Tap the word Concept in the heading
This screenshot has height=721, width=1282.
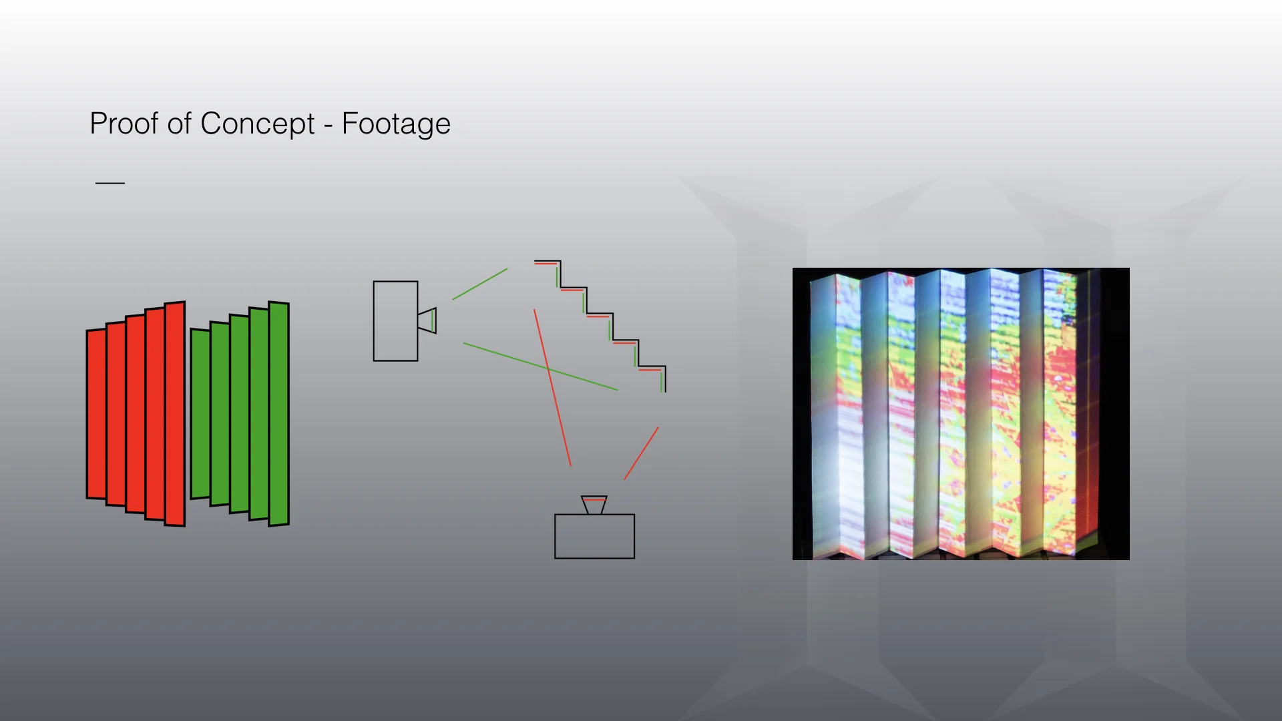[257, 124]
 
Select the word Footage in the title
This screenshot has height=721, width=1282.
[396, 124]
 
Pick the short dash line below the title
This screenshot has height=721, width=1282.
[110, 182]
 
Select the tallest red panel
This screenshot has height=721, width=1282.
[175, 414]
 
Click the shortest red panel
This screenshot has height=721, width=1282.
[96, 414]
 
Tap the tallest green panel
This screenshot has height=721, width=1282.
[279, 414]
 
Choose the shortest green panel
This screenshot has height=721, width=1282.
[200, 414]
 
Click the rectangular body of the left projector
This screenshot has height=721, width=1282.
[395, 321]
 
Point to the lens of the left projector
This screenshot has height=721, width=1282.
[428, 320]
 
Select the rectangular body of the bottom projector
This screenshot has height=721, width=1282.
[594, 536]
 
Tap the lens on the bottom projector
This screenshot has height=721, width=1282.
[594, 504]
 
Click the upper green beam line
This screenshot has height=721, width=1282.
[480, 284]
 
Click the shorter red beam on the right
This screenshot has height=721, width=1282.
[641, 453]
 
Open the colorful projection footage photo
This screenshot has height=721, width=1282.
[961, 414]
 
